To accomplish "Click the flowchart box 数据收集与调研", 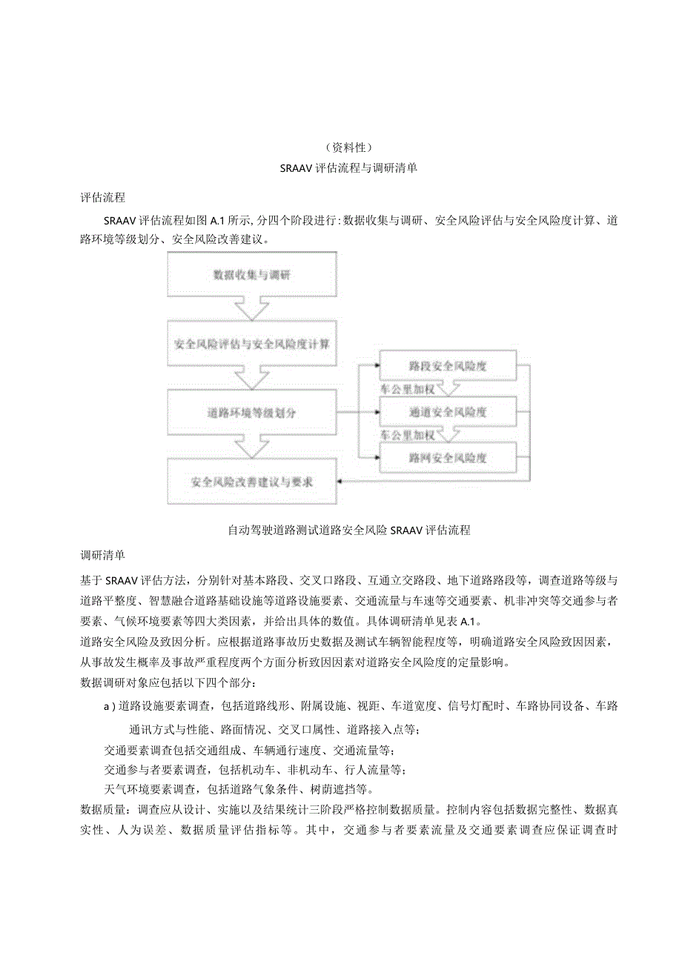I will pos(251,275).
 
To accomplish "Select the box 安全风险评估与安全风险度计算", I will pos(251,344).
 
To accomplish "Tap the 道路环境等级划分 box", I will pos(251,413).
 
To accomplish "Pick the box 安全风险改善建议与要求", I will pos(251,482).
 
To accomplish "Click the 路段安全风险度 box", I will pos(447,365).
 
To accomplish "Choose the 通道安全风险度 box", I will pos(447,411).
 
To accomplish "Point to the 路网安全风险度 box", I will pos(447,458).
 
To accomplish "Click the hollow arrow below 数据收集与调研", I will pos(251,308).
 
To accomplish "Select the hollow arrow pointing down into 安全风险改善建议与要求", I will pos(251,446).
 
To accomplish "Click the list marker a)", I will pos(110,706).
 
